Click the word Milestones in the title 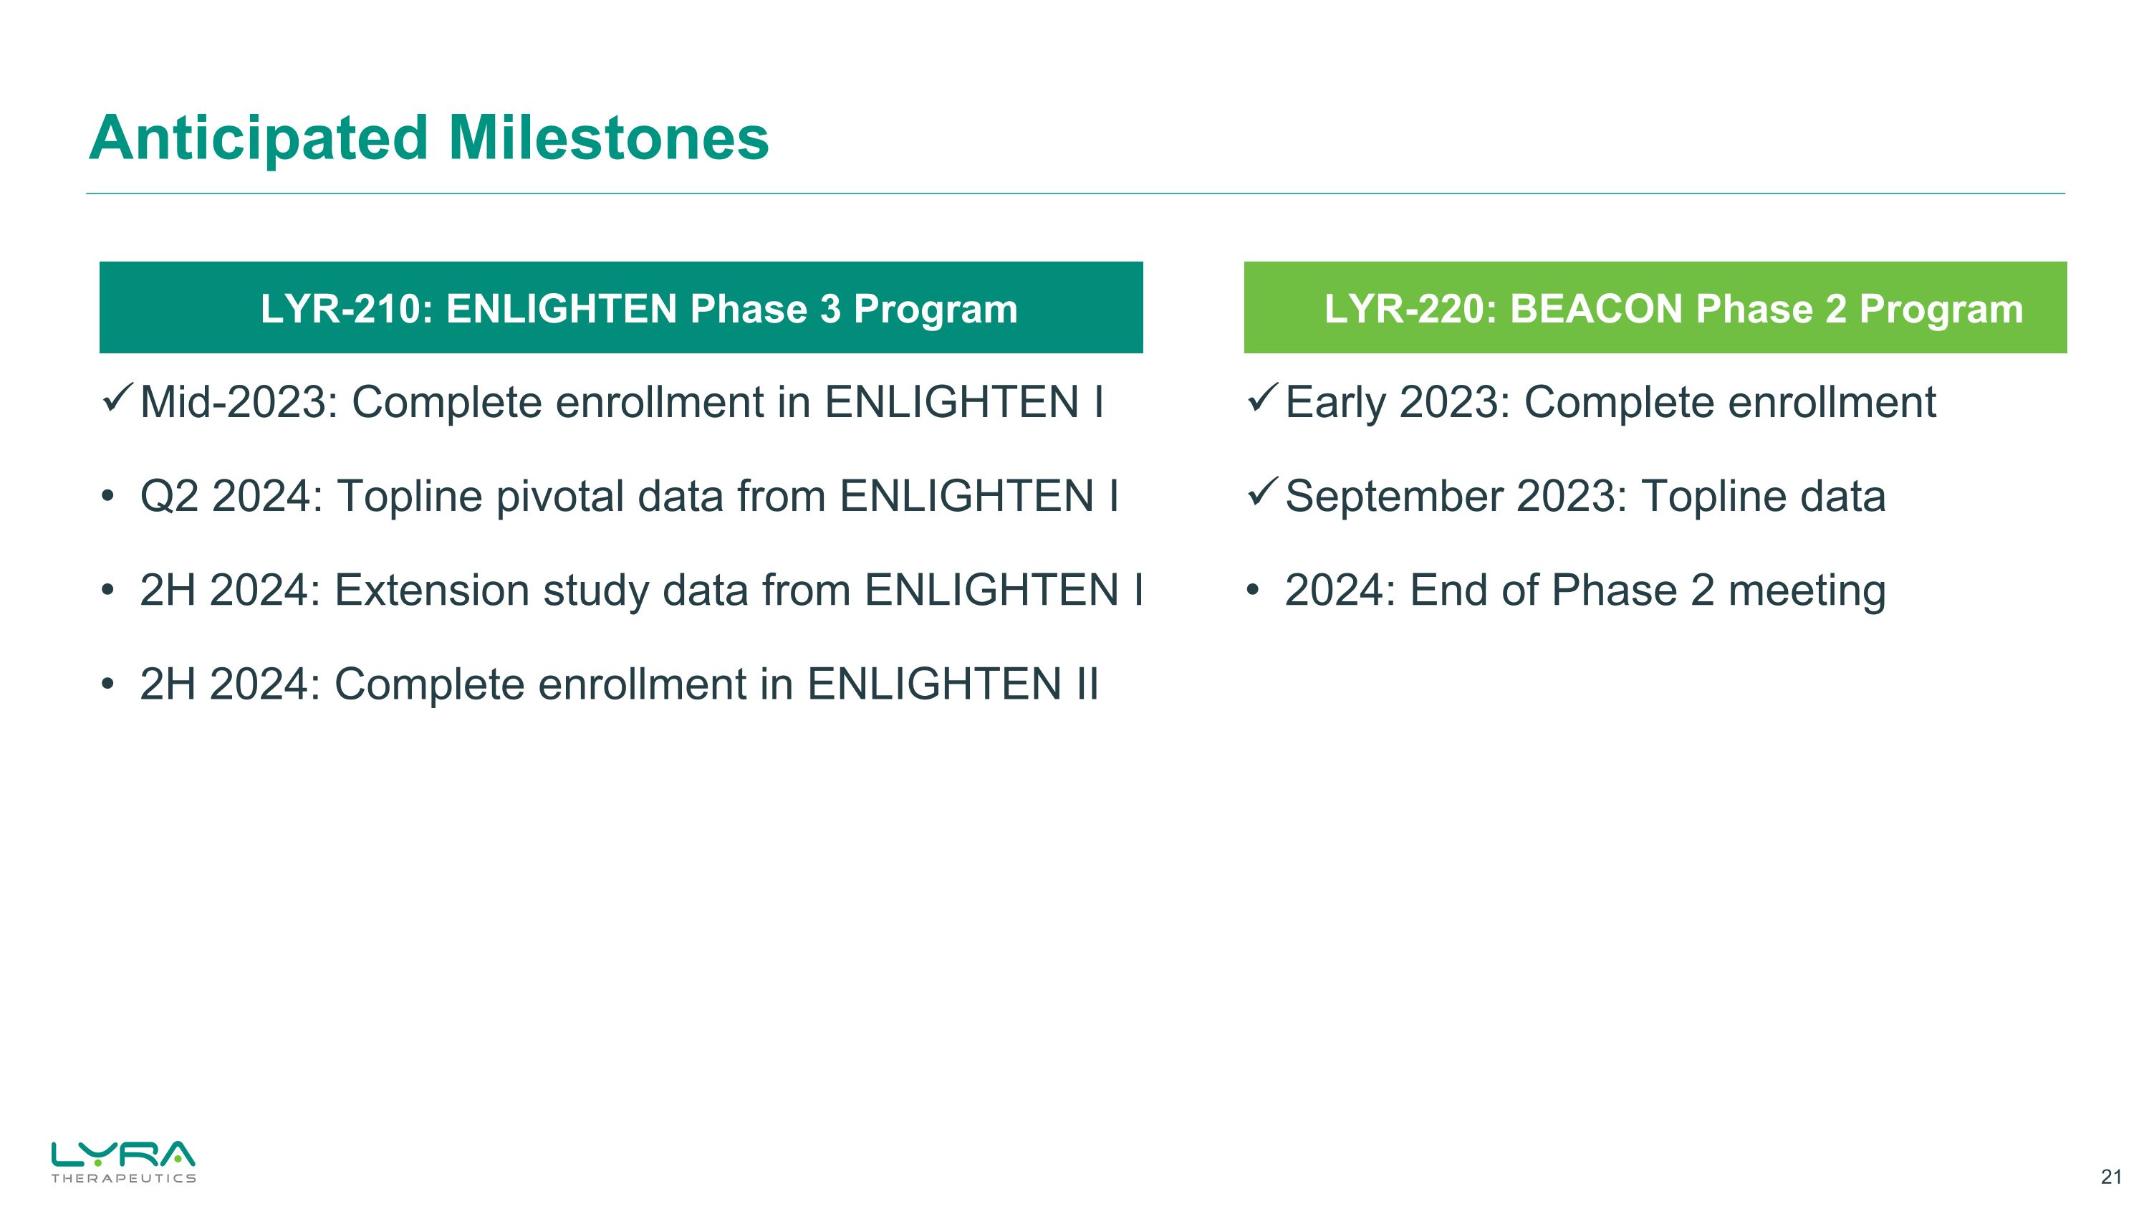tap(609, 138)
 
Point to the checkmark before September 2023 tap(1262, 492)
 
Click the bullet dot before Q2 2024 tap(107, 497)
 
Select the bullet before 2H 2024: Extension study tap(107, 591)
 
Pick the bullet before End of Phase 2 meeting tap(1251, 591)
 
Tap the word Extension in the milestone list tap(432, 591)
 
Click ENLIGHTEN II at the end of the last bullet tap(953, 685)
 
